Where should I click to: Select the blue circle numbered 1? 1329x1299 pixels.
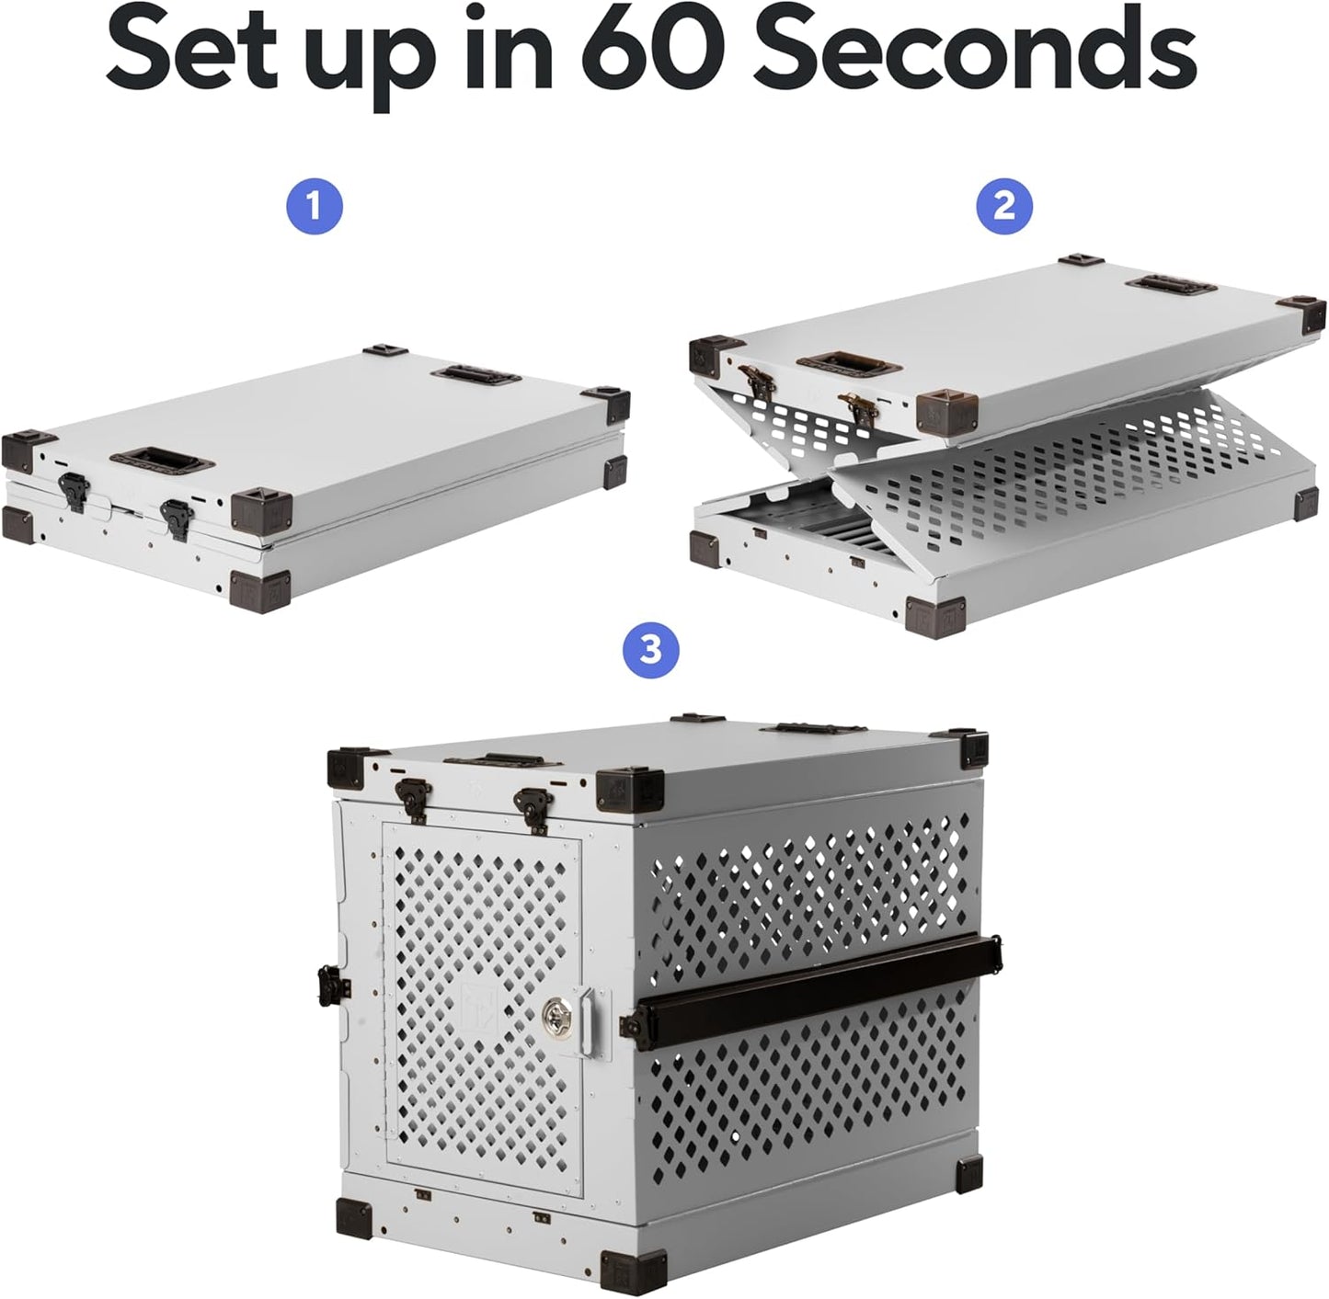tap(314, 206)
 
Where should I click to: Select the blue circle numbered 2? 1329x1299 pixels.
tap(1004, 206)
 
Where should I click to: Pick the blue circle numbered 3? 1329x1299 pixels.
tap(650, 650)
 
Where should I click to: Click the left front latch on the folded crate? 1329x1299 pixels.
tap(71, 488)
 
